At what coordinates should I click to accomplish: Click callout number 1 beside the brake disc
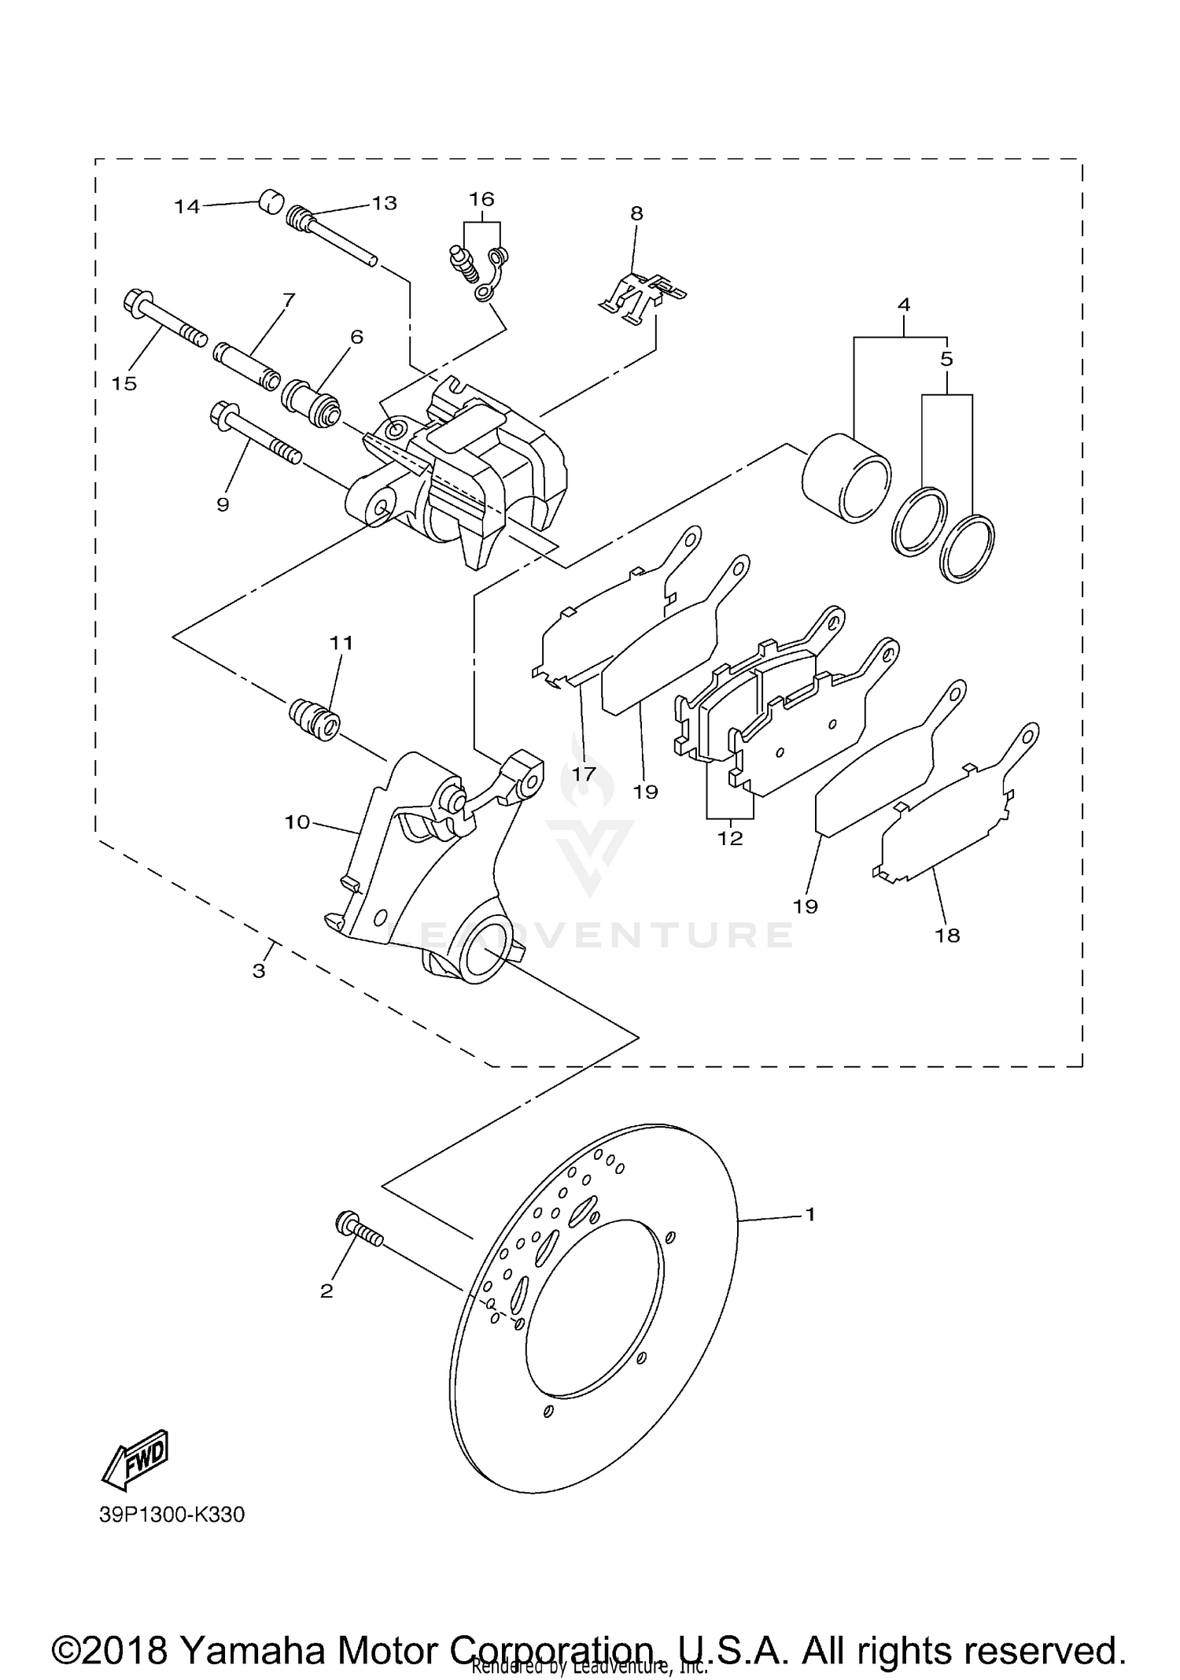pos(810,1214)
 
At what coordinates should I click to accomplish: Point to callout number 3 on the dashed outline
pos(259,971)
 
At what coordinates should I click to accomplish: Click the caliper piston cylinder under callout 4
pos(846,478)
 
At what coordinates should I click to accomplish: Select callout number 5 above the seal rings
pos(946,359)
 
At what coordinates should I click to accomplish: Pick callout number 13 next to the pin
pos(385,203)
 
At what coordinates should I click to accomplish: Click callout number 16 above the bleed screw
pos(482,198)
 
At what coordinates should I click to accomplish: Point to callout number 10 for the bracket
pos(297,822)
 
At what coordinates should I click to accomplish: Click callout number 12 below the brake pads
pos(730,838)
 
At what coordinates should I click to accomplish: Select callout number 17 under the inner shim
pos(584,774)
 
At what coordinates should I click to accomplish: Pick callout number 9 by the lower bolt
pos(223,504)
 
